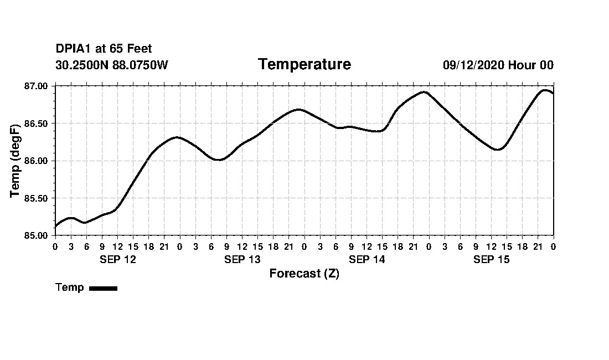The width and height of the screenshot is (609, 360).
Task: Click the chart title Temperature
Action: coord(304,64)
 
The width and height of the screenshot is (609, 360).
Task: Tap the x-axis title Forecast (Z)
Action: coord(304,274)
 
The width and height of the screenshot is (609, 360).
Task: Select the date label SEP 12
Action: coord(117,259)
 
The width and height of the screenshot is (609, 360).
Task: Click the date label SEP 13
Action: coord(242,259)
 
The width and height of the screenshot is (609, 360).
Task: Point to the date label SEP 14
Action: coord(367,259)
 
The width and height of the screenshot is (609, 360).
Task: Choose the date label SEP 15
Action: coord(491,259)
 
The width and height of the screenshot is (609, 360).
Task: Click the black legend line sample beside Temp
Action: coord(104,288)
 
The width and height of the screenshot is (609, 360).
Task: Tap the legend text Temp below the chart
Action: coord(70,287)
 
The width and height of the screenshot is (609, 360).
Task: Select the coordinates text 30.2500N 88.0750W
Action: coord(111,65)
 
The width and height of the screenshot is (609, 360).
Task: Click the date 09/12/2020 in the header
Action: coord(473,65)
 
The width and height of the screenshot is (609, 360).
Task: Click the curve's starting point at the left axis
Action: coord(55,227)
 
